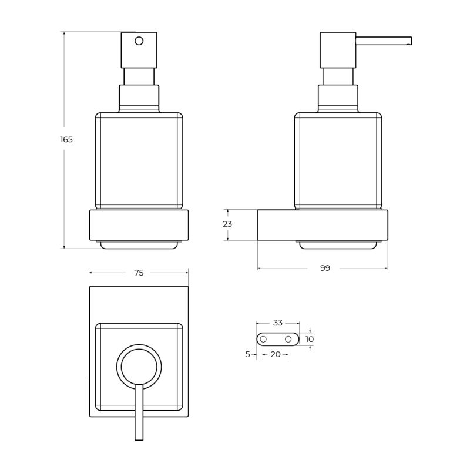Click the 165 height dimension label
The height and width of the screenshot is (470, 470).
click(x=66, y=139)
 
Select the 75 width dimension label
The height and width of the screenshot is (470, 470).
click(x=139, y=273)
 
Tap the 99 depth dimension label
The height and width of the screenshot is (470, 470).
click(x=325, y=268)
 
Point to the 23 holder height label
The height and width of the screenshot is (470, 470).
click(x=227, y=224)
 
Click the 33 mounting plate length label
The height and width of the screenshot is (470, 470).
click(x=278, y=323)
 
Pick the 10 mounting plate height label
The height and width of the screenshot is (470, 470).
click(x=310, y=339)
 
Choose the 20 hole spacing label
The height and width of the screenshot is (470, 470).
click(x=276, y=354)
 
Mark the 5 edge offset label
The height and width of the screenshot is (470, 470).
click(x=247, y=354)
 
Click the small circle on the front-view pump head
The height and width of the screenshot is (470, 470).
click(x=139, y=41)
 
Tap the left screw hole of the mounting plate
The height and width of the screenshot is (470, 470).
click(x=263, y=340)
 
